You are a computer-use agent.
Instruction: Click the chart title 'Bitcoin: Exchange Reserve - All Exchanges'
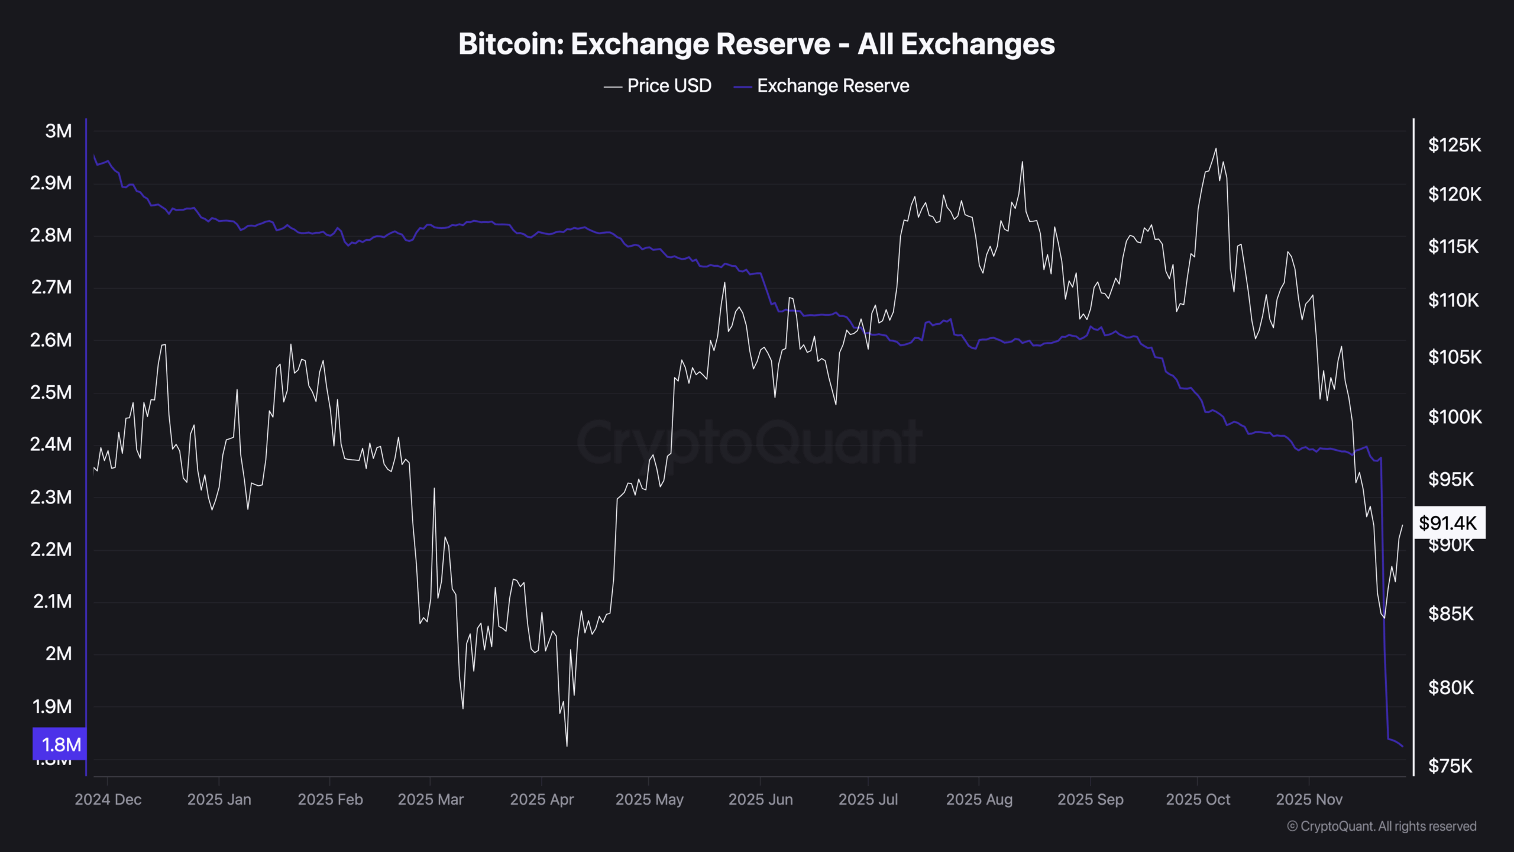[756, 44]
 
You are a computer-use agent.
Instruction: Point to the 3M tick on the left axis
[59, 131]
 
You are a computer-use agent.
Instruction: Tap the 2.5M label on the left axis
[51, 392]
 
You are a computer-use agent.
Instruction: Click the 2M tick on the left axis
[59, 654]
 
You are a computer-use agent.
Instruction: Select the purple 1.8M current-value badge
[60, 744]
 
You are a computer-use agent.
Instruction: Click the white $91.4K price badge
[1448, 523]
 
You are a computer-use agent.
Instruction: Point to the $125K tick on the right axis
[1454, 145]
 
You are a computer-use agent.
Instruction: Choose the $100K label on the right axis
[1454, 417]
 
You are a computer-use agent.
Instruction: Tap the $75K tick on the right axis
[1450, 766]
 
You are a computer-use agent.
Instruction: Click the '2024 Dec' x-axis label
[108, 800]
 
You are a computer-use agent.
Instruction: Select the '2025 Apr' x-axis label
[542, 800]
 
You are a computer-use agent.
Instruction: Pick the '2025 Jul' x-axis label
[868, 800]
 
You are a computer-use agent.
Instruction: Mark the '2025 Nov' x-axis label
[1309, 800]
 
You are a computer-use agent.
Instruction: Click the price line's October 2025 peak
[1216, 149]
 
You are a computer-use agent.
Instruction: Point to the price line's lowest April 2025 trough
[567, 745]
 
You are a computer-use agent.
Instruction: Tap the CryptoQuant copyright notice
[1382, 827]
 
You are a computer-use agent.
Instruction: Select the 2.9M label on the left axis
[51, 183]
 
